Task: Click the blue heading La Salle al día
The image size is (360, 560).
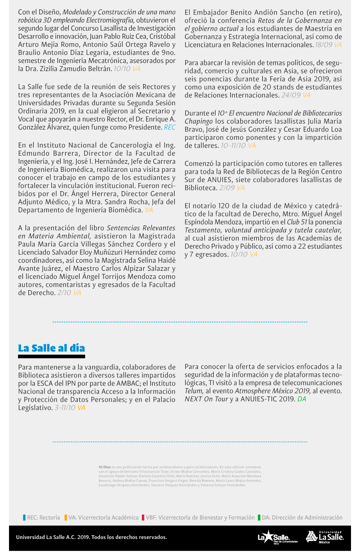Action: pyautogui.click(x=51, y=348)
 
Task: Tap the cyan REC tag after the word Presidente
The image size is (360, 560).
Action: pyautogui.click(x=170, y=127)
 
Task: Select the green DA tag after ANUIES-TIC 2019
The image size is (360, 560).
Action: pyautogui.click(x=301, y=399)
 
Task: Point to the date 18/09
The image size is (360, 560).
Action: pyautogui.click(x=324, y=45)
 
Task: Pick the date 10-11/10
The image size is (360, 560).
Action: pyautogui.click(x=233, y=146)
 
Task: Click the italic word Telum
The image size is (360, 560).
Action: pyautogui.click(x=194, y=391)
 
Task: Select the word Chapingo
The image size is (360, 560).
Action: pyautogui.click(x=198, y=121)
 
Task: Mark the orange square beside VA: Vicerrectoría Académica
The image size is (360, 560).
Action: pyautogui.click(x=66, y=518)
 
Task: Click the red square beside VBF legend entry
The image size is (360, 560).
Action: pyautogui.click(x=143, y=518)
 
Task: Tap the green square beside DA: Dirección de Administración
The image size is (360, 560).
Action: pyautogui.click(x=259, y=518)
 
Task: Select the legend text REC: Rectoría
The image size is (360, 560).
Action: pyautogui.click(x=43, y=518)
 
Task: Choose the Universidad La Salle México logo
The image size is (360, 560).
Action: pyautogui.click(x=324, y=536)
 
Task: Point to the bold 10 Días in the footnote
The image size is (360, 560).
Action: pyautogui.click(x=104, y=467)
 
